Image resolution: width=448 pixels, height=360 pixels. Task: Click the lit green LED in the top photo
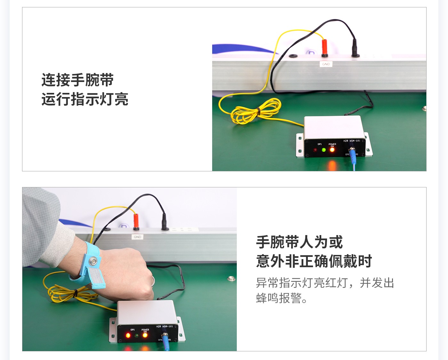[x=324, y=150]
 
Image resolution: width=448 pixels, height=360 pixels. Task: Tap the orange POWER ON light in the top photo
[x=332, y=150]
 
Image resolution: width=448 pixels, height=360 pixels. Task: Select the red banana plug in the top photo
[x=324, y=47]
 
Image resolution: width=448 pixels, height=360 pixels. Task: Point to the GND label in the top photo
[x=326, y=64]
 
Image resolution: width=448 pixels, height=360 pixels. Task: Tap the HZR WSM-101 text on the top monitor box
[x=352, y=141]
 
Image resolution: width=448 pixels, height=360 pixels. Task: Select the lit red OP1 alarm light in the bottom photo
[x=128, y=335]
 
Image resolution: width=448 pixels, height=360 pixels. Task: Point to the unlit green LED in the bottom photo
[x=137, y=336]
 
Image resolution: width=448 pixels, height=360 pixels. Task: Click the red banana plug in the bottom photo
[x=136, y=221]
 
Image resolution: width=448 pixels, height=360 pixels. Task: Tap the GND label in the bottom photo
[x=137, y=237]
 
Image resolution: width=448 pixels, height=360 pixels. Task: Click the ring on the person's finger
[x=153, y=281]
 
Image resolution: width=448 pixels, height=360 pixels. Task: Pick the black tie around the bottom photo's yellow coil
[x=76, y=293]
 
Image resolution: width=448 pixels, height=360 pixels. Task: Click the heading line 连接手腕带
[x=77, y=80]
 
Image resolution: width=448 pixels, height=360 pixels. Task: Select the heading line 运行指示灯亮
[x=85, y=99]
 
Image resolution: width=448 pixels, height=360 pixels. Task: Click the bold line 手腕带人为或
[x=299, y=242]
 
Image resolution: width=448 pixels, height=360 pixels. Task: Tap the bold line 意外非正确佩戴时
[x=314, y=261]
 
